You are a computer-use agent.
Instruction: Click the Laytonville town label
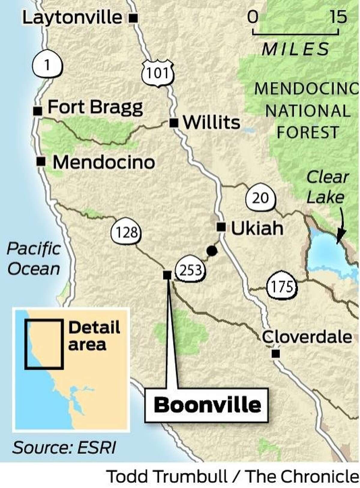pos(72,18)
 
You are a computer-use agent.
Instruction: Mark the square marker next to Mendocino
pos(41,162)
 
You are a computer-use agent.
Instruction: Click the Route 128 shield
pos(126,232)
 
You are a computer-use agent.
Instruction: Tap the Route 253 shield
pos(191,270)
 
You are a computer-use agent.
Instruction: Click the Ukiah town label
pos(257,229)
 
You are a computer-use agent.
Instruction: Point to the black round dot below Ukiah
pos(212,251)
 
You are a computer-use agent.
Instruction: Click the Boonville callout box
pos(207,405)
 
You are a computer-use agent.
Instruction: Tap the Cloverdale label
pos(307,337)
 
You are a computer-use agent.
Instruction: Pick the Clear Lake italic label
pos(327,187)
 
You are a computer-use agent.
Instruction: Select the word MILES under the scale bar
pos(295,49)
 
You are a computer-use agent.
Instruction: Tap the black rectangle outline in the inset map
pos(44,344)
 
